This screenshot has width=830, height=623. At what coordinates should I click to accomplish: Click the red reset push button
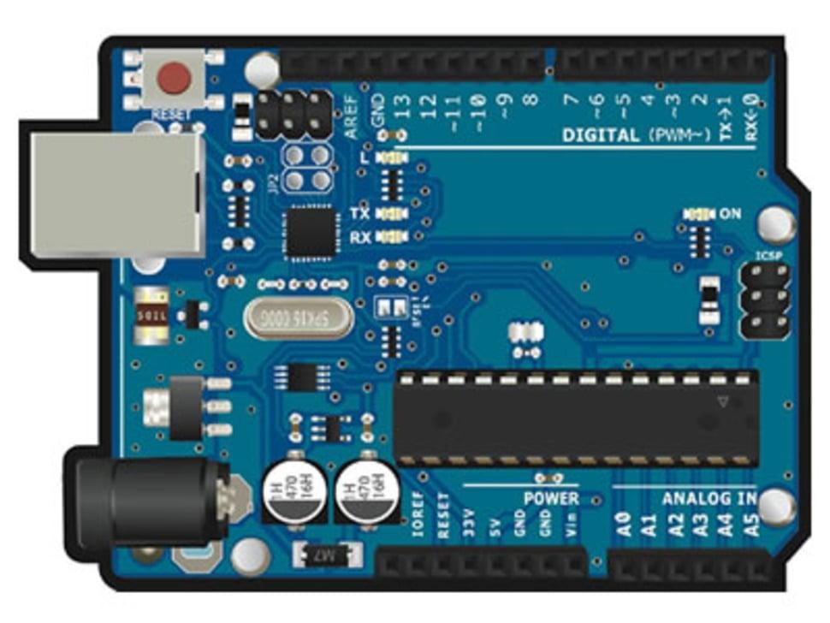point(175,79)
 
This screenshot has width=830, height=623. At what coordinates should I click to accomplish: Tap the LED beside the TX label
point(393,213)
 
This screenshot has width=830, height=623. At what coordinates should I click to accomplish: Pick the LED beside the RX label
point(393,236)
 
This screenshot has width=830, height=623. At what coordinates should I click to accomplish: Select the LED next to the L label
point(393,158)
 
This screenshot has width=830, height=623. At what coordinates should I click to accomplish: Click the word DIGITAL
point(601,135)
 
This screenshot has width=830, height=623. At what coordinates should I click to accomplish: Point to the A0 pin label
point(625,525)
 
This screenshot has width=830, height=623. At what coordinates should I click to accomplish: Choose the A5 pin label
point(752,525)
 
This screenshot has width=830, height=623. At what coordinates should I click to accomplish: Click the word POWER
point(551,498)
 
